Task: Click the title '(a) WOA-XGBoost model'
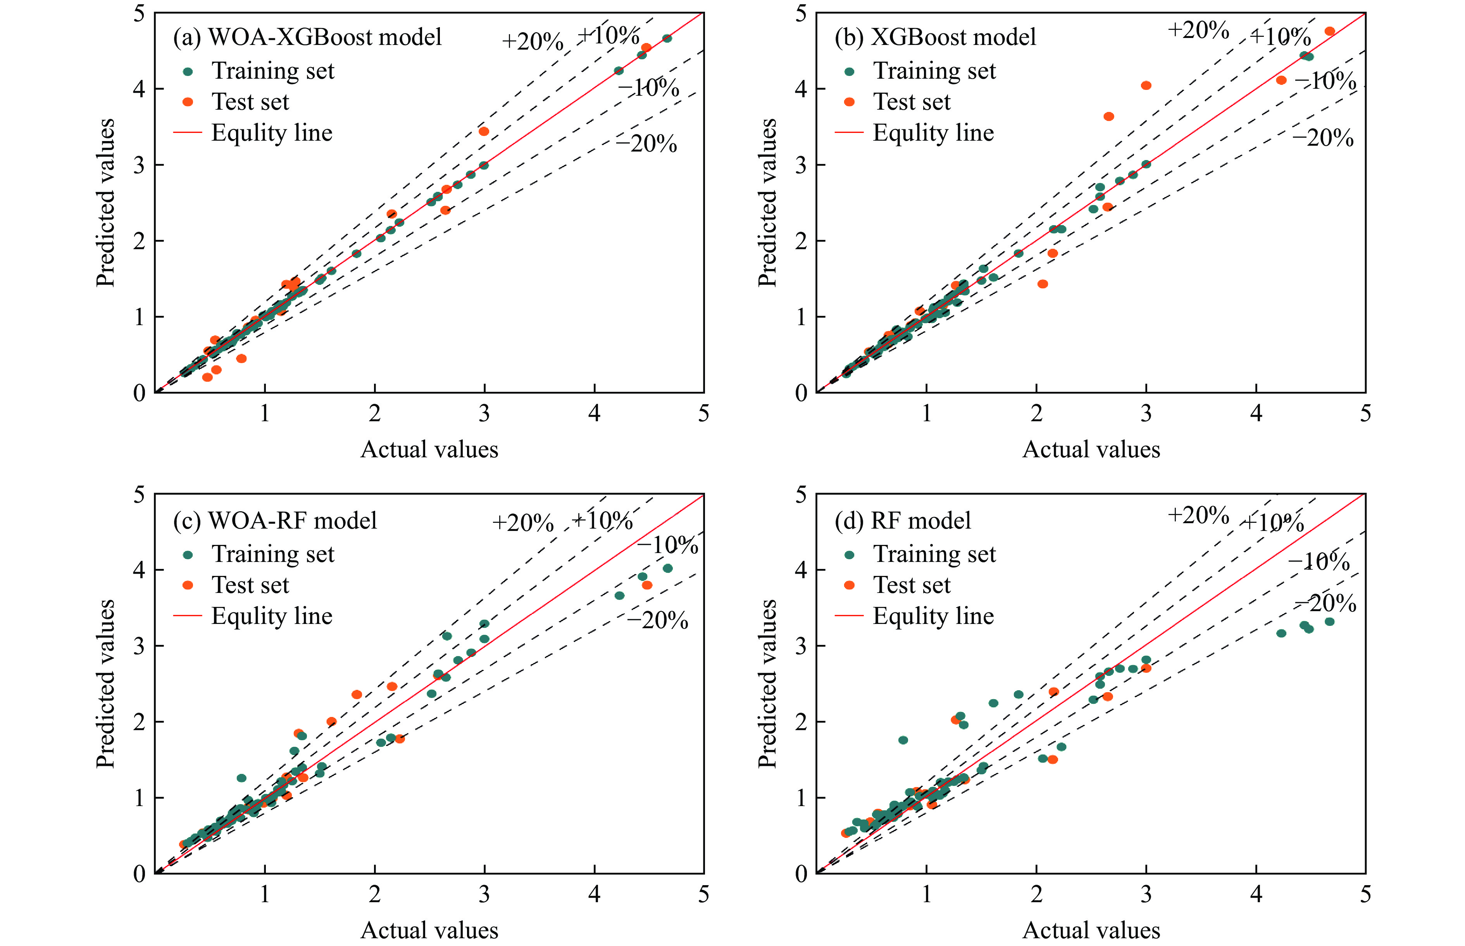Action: (x=307, y=37)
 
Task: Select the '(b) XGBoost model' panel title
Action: (x=935, y=37)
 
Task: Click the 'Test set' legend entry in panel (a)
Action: (x=250, y=102)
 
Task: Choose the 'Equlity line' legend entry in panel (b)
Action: (x=932, y=133)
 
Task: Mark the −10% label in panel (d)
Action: (x=1319, y=561)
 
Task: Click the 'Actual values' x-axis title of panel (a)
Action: (x=429, y=449)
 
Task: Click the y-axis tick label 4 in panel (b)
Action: (x=800, y=89)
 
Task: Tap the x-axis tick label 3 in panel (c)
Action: (x=484, y=894)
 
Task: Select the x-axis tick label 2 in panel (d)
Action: (x=1036, y=894)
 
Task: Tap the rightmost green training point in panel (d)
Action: (x=1329, y=622)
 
